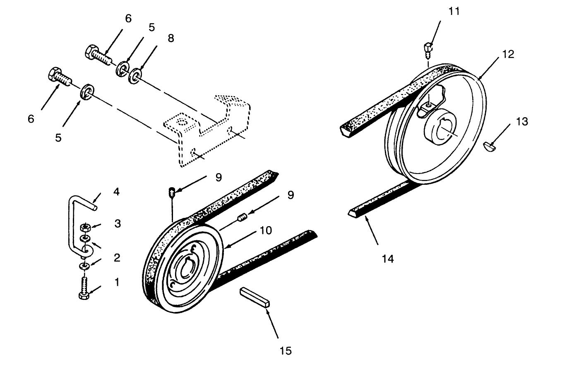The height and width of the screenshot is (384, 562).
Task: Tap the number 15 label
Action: [286, 351]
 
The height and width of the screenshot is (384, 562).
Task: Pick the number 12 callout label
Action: [508, 54]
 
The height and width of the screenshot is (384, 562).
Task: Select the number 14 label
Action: [388, 259]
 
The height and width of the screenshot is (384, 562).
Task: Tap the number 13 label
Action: [522, 121]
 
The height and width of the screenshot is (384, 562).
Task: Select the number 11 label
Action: [454, 11]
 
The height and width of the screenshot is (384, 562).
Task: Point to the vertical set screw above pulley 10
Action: [172, 192]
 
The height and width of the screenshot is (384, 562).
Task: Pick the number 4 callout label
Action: [117, 192]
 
